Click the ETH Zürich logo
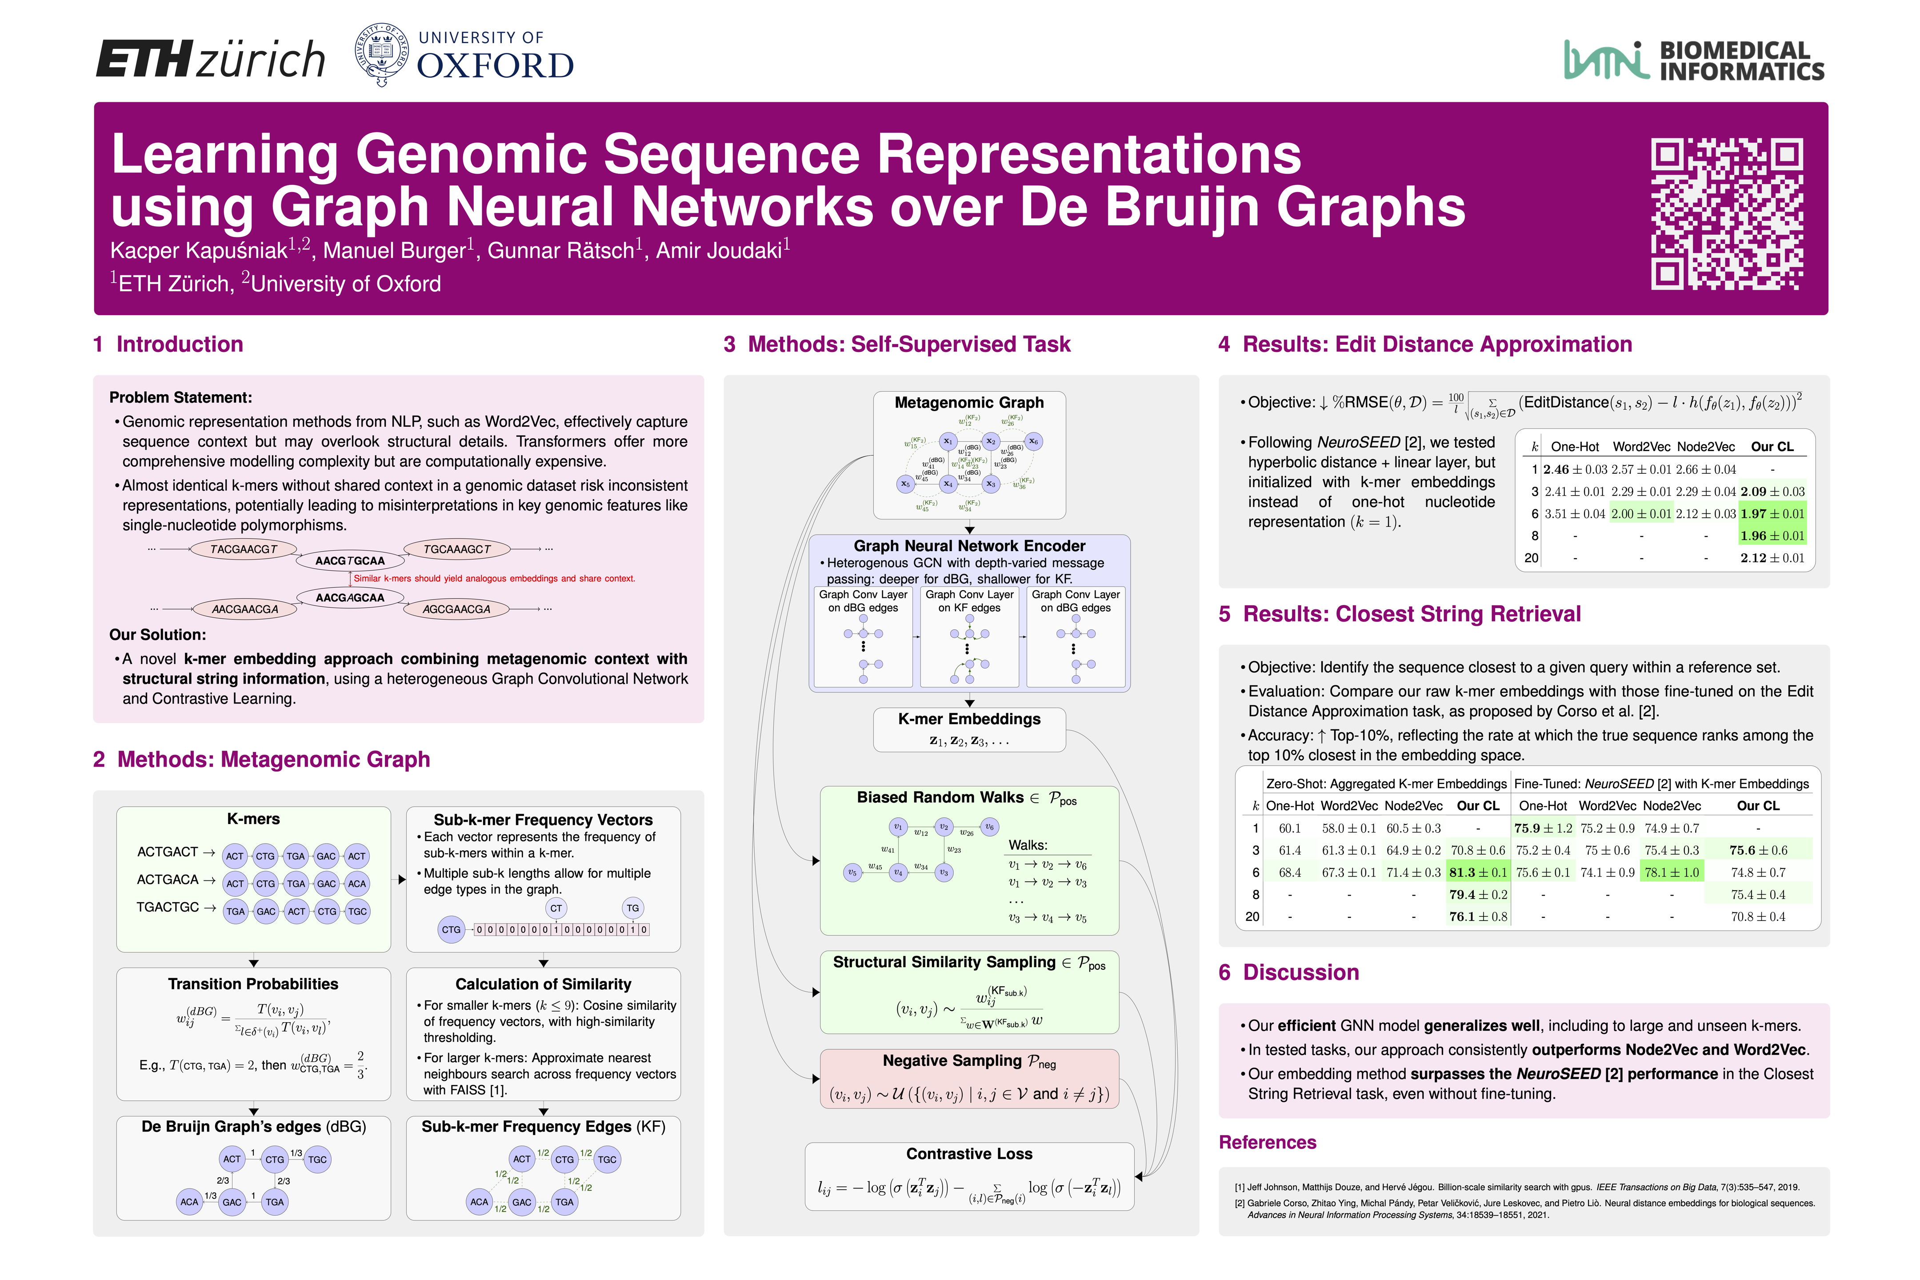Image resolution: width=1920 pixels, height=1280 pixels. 211,59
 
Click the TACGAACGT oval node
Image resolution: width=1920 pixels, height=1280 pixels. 243,549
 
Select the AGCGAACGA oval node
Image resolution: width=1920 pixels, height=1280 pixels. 456,609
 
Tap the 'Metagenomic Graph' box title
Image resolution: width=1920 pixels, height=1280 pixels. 969,403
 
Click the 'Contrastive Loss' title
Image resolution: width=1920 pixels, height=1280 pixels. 969,1153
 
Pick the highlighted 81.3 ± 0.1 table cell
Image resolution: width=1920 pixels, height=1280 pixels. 1477,872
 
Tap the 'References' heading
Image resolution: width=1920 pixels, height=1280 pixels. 1267,1142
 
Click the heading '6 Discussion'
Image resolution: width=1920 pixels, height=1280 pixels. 1288,972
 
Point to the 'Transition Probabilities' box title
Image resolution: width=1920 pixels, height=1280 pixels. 253,984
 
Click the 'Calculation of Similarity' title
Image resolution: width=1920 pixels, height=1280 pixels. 543,984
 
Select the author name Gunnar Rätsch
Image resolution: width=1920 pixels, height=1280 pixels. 561,251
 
